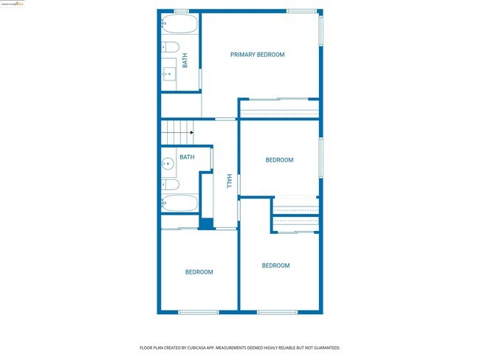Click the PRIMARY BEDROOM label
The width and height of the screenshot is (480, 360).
point(257,55)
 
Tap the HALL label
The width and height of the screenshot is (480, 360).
point(230,181)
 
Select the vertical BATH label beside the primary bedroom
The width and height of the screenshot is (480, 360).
point(185,60)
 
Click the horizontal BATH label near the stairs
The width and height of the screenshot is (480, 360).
point(187,157)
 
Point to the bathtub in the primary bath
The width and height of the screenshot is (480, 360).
point(178,25)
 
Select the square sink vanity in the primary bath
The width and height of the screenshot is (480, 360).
point(170,73)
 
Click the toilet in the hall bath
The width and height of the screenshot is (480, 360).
point(170,184)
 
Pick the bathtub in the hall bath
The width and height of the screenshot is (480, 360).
point(179,203)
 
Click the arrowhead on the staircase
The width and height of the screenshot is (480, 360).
point(191,133)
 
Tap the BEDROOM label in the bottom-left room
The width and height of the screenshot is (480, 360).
point(199,272)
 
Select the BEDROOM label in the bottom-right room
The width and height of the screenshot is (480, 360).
point(276,266)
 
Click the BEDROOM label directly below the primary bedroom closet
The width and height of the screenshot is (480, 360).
point(279,160)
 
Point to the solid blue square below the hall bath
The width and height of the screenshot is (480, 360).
point(206,224)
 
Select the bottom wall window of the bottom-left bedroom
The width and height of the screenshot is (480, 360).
point(199,312)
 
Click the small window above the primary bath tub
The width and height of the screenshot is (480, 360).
point(181,11)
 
